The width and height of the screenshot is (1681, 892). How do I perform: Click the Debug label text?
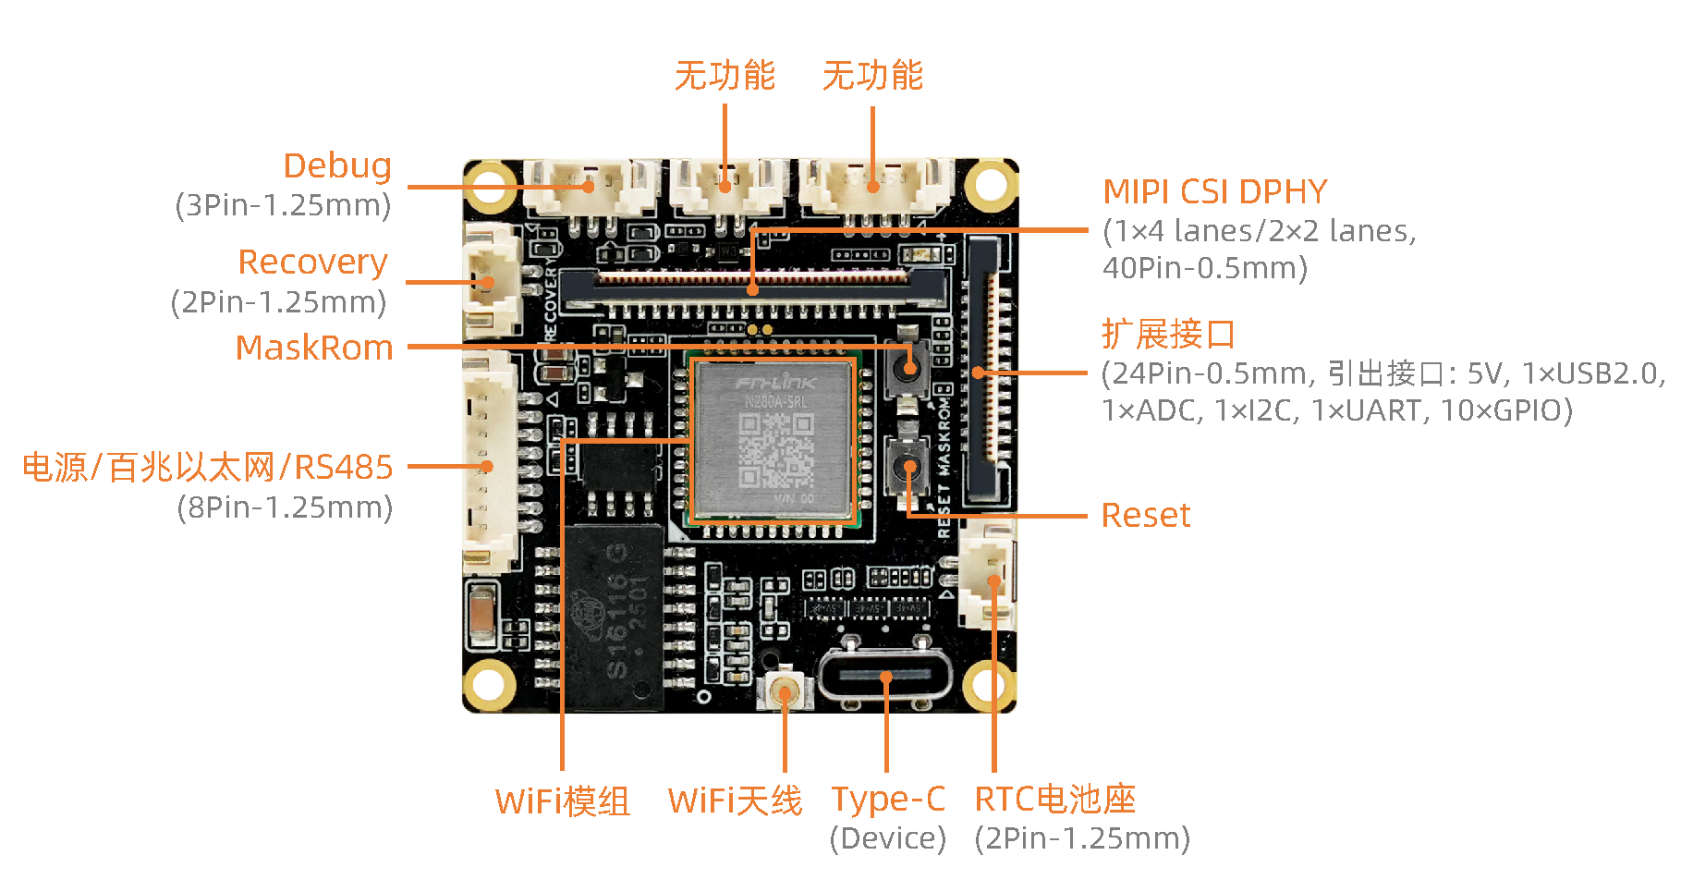point(337,165)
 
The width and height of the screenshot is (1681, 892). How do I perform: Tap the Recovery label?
point(312,262)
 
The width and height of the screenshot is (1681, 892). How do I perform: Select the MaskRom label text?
point(314,348)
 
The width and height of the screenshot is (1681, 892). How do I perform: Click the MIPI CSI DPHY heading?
point(1214,191)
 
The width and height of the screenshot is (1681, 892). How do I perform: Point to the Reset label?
point(1145,515)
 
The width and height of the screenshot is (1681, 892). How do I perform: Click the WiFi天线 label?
point(735,800)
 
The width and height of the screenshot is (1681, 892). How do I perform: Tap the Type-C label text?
point(887,799)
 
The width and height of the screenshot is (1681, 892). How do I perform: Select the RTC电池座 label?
point(1054,799)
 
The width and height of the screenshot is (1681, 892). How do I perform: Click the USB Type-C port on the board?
point(884,676)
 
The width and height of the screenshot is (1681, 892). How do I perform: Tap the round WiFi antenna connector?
point(786,691)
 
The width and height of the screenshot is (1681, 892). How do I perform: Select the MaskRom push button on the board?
point(908,368)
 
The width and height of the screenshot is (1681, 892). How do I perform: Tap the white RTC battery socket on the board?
point(987,580)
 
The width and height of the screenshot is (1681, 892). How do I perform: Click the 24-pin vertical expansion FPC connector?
point(985,370)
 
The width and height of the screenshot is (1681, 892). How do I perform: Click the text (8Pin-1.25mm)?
point(285,507)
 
